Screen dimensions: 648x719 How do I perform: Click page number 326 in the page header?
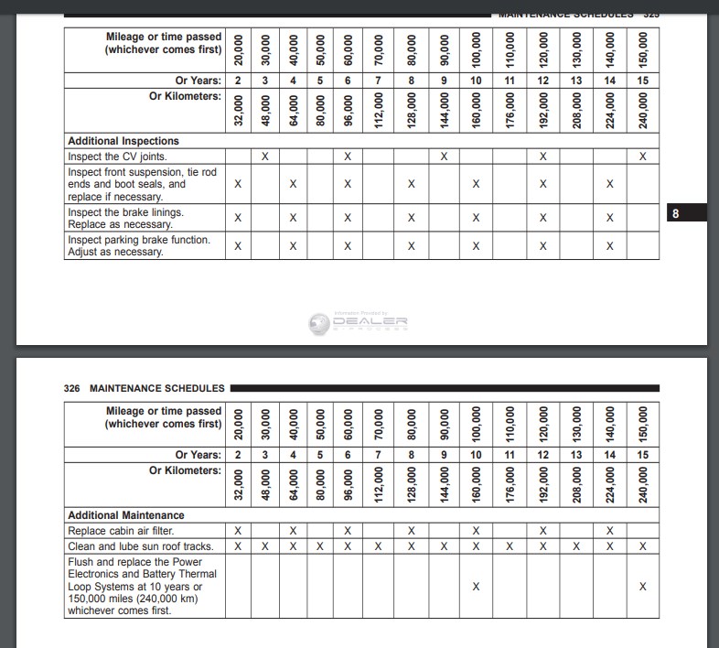point(72,388)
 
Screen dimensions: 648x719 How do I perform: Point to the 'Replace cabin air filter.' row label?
point(121,531)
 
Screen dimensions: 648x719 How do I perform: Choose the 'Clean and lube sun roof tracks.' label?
point(140,546)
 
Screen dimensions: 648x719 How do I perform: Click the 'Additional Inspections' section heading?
point(123,141)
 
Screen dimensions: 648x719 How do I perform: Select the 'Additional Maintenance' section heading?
point(126,515)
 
